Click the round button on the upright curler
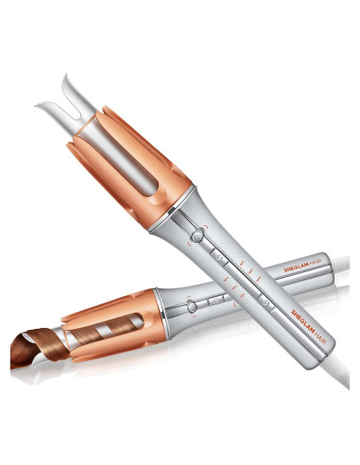[197, 236]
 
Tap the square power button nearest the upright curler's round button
[219, 257]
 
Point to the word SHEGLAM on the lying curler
[296, 268]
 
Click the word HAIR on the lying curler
[316, 266]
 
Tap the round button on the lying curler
[192, 306]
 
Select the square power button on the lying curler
[215, 301]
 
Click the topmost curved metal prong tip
[65, 75]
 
